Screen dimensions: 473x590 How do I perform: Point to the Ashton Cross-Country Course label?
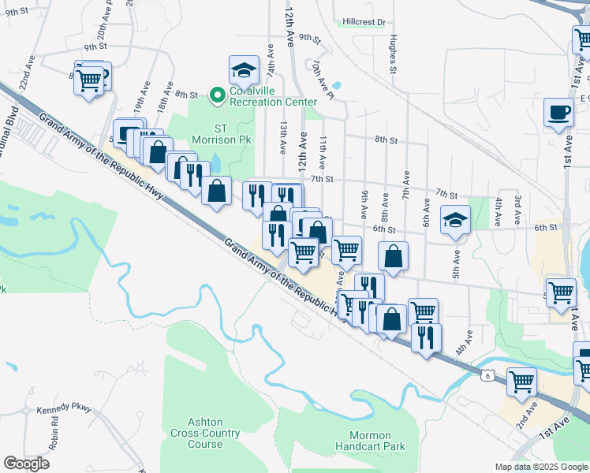click(194, 433)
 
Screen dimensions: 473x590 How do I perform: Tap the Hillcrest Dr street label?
click(364, 23)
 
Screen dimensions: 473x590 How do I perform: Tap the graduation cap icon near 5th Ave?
click(454, 220)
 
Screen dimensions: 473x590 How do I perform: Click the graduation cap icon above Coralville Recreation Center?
click(244, 70)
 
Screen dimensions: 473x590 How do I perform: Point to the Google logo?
click(27, 464)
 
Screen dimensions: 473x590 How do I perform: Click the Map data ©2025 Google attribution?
click(540, 467)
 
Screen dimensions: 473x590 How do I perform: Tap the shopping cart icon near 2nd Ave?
click(522, 382)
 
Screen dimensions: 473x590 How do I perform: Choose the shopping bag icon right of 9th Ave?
click(393, 256)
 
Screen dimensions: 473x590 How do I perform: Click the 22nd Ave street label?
click(28, 72)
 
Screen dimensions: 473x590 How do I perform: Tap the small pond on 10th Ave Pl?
click(337, 85)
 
